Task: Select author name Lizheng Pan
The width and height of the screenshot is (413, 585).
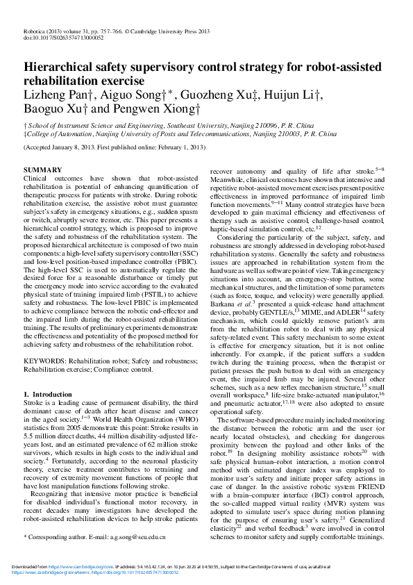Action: (x=52, y=95)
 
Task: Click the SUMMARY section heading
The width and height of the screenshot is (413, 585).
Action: (x=42, y=170)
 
